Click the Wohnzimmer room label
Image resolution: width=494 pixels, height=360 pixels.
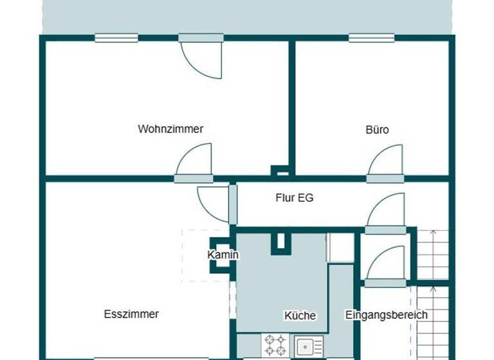[170, 129]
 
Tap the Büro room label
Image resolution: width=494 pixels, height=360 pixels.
[377, 129]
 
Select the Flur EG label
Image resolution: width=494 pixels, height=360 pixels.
[295, 198]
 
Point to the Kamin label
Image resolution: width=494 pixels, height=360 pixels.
[223, 255]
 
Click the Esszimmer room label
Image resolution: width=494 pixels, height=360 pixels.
[131, 314]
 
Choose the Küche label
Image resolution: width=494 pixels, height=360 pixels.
[300, 316]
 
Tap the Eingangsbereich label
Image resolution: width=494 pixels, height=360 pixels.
[386, 315]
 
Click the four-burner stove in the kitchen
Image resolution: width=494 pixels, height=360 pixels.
[275, 345]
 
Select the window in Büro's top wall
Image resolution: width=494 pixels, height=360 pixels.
[371, 38]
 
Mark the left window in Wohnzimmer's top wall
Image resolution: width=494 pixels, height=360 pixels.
[116, 38]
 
